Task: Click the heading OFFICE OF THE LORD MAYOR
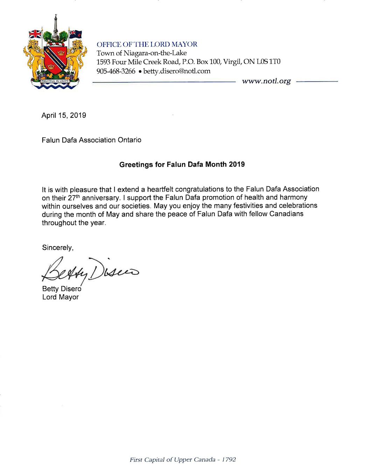tap(147, 44)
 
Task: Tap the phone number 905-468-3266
tap(116, 71)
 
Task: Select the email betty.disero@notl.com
tap(177, 71)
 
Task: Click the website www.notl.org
tap(266, 81)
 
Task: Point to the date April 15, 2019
tap(64, 115)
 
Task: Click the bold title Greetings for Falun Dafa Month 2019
tap(182, 164)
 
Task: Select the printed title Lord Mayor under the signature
tap(61, 297)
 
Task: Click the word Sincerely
tap(58, 248)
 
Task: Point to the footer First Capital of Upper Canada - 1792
tap(183, 459)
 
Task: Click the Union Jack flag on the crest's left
tap(35, 34)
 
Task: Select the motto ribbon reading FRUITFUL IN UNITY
tap(55, 81)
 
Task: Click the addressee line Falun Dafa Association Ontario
tap(91, 140)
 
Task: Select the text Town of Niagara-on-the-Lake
tap(141, 53)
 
